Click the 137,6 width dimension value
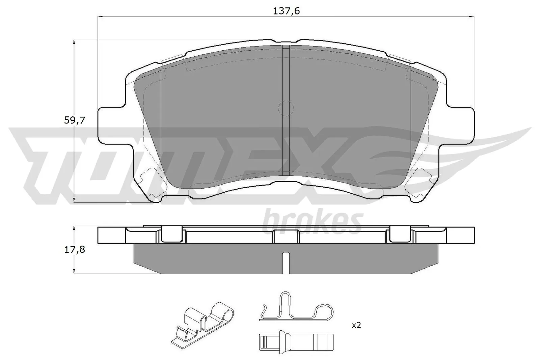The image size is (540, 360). tap(286, 11)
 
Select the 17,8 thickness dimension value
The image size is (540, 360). tap(74, 250)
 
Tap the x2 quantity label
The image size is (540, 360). tap(356, 325)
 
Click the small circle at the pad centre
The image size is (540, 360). tap(286, 108)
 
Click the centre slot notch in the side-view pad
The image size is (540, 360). tap(286, 261)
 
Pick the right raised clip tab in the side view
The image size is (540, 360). tap(400, 234)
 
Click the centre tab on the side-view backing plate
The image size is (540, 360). tap(286, 236)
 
